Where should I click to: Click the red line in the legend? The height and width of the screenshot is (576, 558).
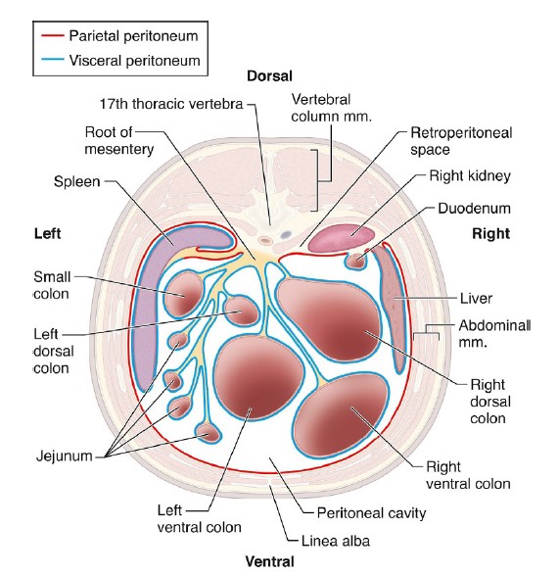[x=53, y=35]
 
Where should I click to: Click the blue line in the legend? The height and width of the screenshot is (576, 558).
[x=53, y=60]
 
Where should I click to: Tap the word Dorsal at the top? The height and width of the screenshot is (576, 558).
[x=269, y=76]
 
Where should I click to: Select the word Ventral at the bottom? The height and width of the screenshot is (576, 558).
[x=269, y=561]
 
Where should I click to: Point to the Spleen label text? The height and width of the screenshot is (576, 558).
[x=76, y=181]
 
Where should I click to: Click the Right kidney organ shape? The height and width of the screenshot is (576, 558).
[x=342, y=238]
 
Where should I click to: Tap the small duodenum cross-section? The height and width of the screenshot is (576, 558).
[x=356, y=261]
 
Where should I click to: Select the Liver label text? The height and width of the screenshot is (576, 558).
[x=476, y=298]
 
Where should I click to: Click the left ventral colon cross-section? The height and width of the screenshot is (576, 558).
[x=258, y=378]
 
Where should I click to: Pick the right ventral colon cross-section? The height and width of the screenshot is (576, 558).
[x=341, y=415]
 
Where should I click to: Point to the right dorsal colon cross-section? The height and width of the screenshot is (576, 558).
[x=328, y=319]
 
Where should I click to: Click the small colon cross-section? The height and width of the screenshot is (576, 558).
[x=183, y=294]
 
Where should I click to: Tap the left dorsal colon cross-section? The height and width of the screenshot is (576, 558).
[x=241, y=311]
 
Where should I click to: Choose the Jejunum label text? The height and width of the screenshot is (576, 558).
[x=65, y=456]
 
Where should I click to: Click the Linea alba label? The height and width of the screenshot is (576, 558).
[x=336, y=541]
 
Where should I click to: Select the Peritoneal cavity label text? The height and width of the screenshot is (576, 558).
[x=372, y=513]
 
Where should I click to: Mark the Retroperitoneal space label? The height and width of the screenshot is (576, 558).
[x=461, y=141]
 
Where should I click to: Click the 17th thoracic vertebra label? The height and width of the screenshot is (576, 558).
[x=171, y=104]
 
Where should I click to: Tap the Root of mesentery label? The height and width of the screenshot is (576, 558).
[x=119, y=141]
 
